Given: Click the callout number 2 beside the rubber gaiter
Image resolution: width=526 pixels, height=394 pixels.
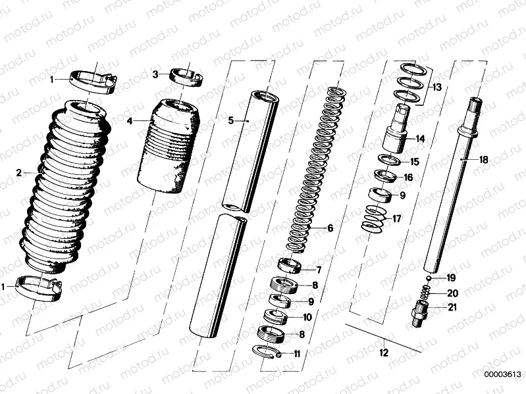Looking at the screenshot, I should (19, 173).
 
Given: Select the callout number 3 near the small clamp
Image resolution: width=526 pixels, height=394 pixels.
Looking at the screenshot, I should (155, 74).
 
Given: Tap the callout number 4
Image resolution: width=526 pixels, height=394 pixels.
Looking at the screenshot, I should (130, 121).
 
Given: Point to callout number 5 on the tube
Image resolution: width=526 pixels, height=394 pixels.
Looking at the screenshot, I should (231, 120).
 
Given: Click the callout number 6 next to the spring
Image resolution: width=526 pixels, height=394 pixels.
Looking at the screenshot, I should (330, 228).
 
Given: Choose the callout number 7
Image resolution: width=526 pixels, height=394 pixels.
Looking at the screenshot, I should (319, 270).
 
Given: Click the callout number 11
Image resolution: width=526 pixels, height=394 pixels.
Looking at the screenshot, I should (297, 354).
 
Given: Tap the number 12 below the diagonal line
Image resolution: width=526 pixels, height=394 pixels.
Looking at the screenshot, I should (383, 353).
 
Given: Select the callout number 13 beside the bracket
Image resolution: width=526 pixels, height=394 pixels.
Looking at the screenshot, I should (437, 87).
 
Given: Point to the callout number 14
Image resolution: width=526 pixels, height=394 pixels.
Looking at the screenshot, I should (420, 139).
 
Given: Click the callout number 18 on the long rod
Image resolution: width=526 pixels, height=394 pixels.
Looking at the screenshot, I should (483, 159).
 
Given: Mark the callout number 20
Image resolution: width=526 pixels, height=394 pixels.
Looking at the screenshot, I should (452, 293).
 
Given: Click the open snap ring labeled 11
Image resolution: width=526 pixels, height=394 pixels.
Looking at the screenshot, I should (267, 353).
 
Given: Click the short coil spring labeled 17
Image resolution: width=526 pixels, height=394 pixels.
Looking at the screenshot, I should (375, 219).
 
